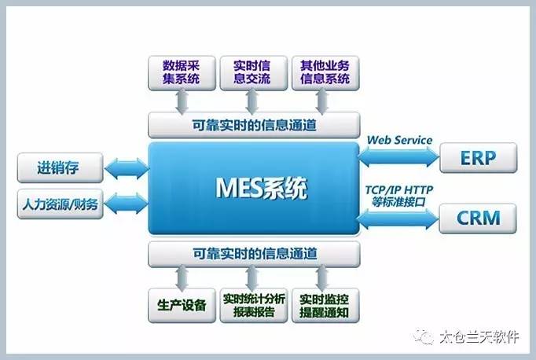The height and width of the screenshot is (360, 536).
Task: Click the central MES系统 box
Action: pos(254,189)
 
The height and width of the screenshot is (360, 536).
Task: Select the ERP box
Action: pos(478,158)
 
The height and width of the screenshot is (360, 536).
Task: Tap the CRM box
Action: pos(478,218)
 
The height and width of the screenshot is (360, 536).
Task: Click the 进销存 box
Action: pos(61,167)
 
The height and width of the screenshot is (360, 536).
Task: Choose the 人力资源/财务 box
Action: pos(61,204)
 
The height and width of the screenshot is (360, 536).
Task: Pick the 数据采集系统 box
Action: pos(182,73)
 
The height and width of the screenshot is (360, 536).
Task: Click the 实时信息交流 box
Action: pos(254,73)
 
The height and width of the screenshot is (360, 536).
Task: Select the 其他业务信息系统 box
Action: pos(325,73)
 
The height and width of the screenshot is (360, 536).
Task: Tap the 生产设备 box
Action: pos(182,305)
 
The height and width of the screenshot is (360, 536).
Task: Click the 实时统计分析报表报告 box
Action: pos(254,305)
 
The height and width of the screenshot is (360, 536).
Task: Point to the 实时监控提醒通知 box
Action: pos(325,305)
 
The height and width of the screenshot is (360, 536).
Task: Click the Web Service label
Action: pos(399,140)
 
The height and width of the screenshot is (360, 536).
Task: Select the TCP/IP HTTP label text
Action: pos(399,189)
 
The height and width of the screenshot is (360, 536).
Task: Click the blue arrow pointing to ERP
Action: pos(398,156)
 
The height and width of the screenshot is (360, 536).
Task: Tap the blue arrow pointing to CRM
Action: pos(398,218)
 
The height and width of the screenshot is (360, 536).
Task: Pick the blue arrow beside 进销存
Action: pos(127,168)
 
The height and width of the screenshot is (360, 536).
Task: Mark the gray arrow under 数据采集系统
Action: pos(182,101)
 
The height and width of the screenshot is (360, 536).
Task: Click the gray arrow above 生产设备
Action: pos(182,277)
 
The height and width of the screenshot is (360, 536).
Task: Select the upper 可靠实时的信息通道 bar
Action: pos(254,125)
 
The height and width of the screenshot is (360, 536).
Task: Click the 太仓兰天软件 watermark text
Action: pos(479,336)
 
